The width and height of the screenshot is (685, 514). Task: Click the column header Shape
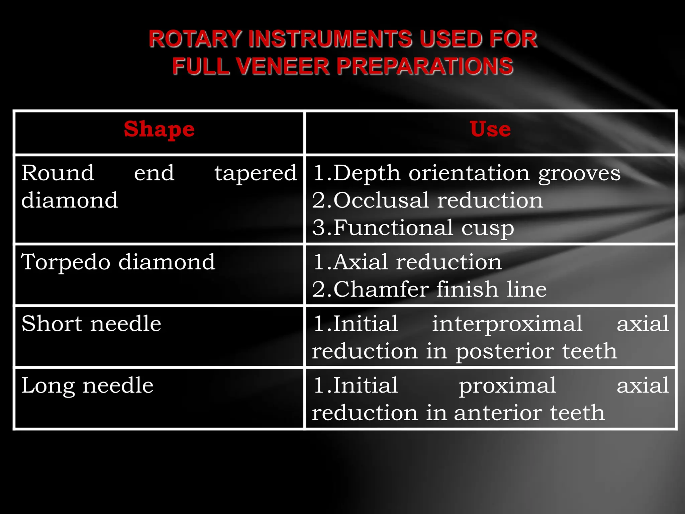[159, 130]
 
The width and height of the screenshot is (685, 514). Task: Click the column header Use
[490, 129]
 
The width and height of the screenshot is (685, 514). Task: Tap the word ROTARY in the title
[195, 39]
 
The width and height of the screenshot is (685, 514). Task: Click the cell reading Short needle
[91, 324]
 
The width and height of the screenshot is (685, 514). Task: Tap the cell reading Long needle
[87, 386]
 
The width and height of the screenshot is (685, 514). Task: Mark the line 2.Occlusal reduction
[427, 201]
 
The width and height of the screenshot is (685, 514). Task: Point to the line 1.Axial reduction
[407, 262]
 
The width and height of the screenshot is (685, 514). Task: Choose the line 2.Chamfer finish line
[429, 289]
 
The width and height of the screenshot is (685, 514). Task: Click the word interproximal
[507, 324]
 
